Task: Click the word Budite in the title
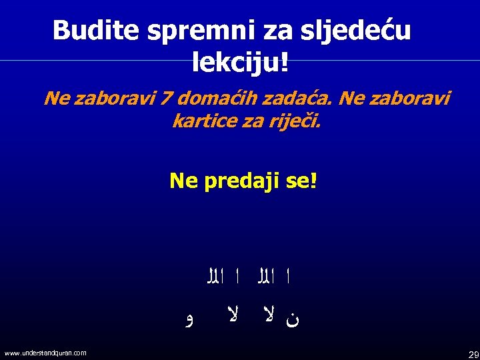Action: (x=89, y=30)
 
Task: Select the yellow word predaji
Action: (x=237, y=181)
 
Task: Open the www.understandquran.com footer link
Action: (x=45, y=353)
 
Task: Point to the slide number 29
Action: (x=473, y=353)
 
